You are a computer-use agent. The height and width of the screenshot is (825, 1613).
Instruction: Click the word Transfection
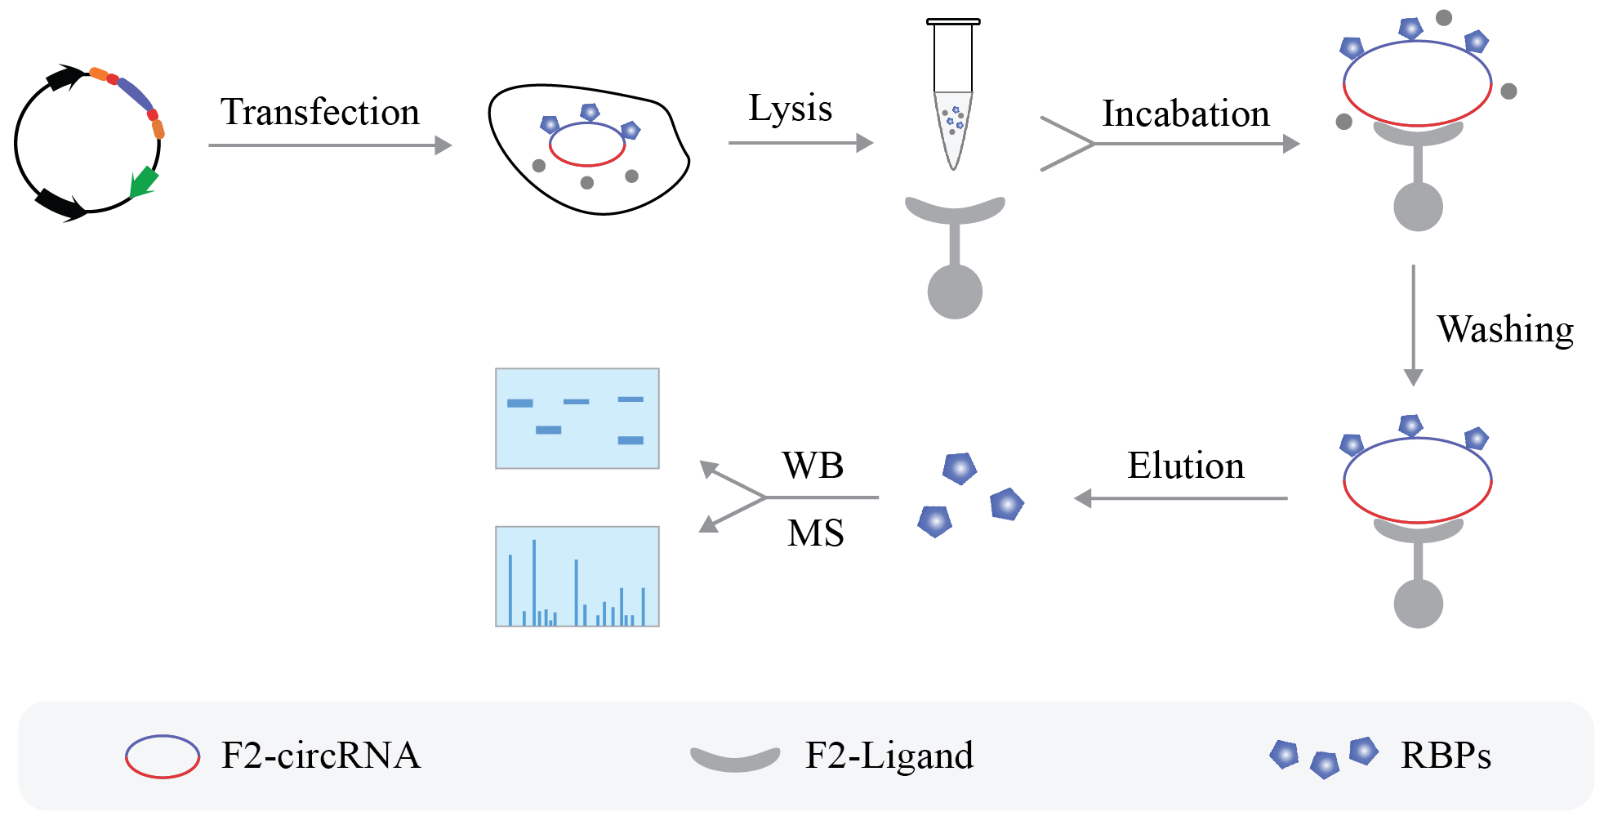[x=319, y=112]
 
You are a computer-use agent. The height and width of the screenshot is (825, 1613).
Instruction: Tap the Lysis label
[x=790, y=109]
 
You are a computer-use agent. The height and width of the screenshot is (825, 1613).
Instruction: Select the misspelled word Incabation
[x=1185, y=114]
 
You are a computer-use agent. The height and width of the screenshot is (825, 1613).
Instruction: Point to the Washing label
[x=1504, y=329]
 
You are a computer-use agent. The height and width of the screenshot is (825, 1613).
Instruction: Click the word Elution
[x=1185, y=466]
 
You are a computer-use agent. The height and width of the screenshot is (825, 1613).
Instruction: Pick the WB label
[x=813, y=466]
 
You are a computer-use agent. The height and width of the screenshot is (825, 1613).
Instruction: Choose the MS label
[x=815, y=533]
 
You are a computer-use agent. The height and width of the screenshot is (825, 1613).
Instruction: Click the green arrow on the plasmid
[x=144, y=182]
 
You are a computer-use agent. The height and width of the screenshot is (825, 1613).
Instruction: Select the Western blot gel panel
[x=577, y=418]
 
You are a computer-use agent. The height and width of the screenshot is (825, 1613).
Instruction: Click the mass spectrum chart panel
[x=577, y=577]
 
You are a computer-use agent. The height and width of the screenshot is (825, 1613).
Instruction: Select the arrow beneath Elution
[x=1180, y=498]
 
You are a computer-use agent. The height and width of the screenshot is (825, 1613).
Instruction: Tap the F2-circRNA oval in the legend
[x=162, y=756]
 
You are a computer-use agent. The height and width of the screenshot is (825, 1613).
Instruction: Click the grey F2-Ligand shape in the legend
[x=735, y=759]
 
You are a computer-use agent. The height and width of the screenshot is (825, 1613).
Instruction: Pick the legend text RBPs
[x=1446, y=756]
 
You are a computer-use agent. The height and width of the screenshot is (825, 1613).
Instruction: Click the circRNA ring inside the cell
[x=586, y=145]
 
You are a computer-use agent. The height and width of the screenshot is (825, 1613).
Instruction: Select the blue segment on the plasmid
[x=136, y=94]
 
